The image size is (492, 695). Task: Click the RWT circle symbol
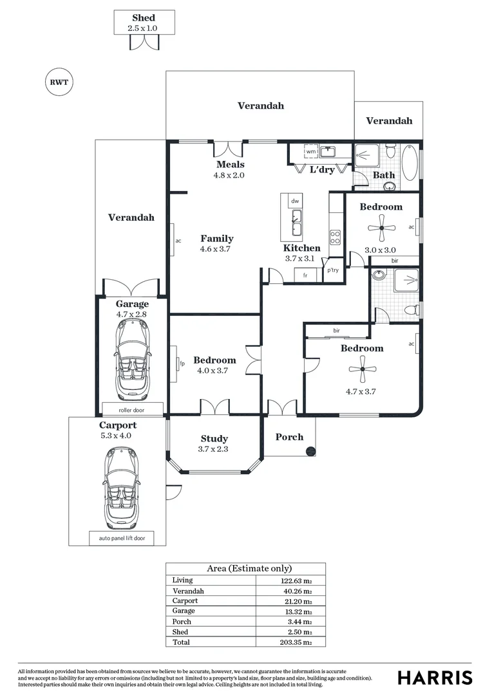coord(59,82)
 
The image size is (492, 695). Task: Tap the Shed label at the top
coord(143,18)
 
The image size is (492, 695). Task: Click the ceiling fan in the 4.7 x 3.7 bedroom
coord(362,369)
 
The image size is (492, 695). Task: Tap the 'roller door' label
coord(132,409)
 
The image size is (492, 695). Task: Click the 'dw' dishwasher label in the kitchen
coord(295,201)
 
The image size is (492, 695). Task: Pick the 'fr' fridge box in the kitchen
coord(305,275)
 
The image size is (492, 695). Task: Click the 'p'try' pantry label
coord(332,270)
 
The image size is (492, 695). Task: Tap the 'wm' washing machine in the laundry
coord(311,152)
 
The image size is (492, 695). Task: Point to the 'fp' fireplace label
coord(182,364)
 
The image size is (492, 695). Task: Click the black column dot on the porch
coord(310,451)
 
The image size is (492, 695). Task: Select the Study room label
coord(214,439)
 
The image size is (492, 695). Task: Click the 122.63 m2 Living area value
coord(297,580)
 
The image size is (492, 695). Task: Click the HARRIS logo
coord(434,678)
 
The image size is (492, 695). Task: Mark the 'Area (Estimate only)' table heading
coord(245,569)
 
